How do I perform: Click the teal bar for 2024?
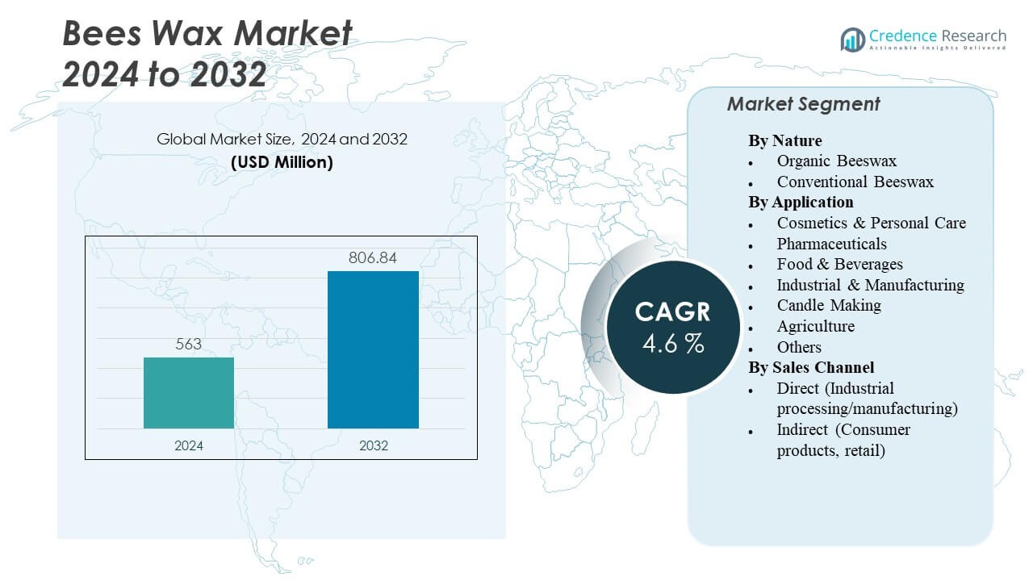[189, 393]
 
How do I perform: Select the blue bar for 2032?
[373, 349]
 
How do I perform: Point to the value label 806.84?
[373, 258]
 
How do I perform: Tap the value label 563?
[189, 345]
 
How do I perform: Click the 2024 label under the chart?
[189, 445]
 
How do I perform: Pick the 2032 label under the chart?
[373, 445]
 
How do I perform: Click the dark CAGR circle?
[672, 327]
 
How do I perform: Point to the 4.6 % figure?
[673, 345]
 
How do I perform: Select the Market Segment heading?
[803, 104]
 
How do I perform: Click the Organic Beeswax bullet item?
[836, 161]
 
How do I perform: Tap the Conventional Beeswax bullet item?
[855, 182]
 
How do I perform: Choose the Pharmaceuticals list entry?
[831, 244]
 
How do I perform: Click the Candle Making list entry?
[829, 305]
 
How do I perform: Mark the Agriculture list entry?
[815, 326]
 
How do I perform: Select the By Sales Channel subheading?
[811, 367]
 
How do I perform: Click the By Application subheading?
[801, 202]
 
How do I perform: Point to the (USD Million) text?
[282, 162]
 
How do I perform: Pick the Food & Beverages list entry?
[839, 264]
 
